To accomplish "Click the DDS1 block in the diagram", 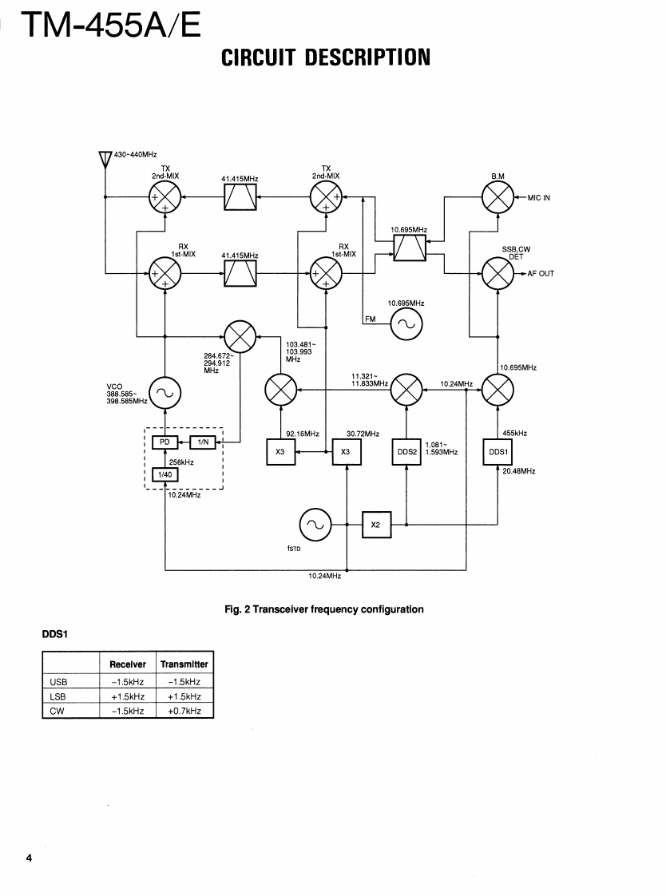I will point(498,452).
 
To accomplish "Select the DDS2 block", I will point(407,452).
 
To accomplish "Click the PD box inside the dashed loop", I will point(164,442).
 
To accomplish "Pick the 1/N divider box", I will point(203,442).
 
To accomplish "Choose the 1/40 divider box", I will point(164,474).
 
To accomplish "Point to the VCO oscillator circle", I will point(165,391).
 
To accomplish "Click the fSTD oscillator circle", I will point(313,525).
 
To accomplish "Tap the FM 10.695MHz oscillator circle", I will point(406,323).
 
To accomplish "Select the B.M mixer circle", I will point(498,197).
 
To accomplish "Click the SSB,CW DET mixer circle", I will point(498,274).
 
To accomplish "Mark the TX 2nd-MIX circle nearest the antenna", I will point(165,197).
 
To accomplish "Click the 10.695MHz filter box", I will point(409,247).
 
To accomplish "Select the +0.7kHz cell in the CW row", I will point(184,710).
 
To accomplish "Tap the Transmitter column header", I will point(184,664).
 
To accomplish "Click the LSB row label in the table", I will point(58,696).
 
